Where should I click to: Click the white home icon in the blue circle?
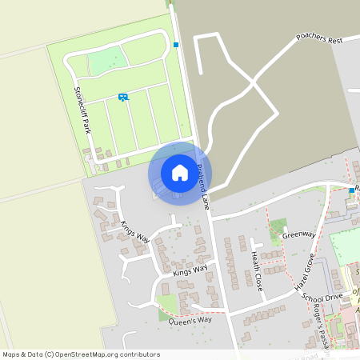coord(179,173)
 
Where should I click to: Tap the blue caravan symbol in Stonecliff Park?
coord(123,97)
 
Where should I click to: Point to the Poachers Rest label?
coord(318,38)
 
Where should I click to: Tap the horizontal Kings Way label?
coord(190,270)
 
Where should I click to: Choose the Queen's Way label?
coord(190,321)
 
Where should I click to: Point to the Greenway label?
coord(298,234)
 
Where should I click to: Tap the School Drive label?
coord(322,296)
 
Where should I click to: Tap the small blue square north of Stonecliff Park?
coord(176,45)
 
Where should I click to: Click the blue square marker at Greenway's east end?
coord(351,190)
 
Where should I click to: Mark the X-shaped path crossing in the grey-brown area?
coord(254,82)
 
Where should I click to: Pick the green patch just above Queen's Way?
coord(166,304)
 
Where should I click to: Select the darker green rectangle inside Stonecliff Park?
coord(106,61)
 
